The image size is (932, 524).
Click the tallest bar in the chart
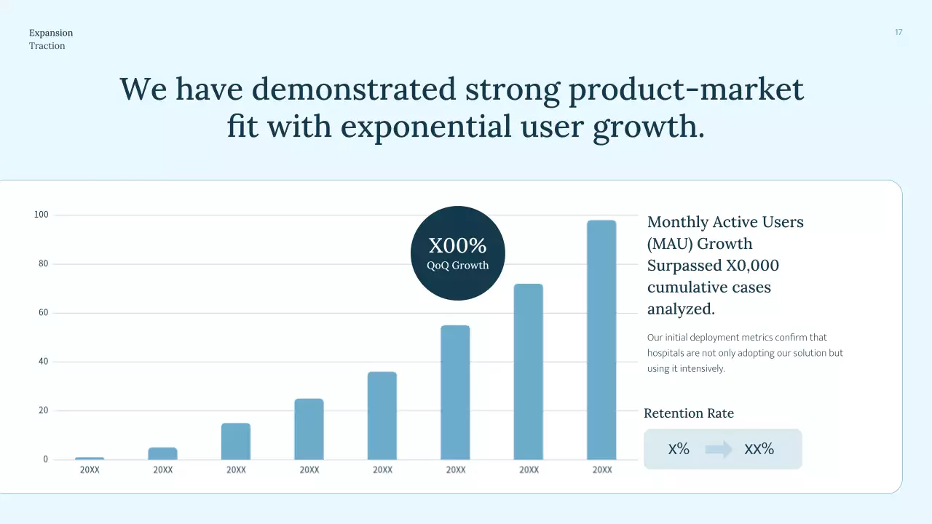[601, 339]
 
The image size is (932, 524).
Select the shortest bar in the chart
[90, 458]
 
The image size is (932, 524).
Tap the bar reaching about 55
[455, 392]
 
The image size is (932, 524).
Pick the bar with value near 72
[529, 371]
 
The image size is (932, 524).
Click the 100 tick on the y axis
[41, 215]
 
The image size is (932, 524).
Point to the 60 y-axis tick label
[43, 313]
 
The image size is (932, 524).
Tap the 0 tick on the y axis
[45, 459]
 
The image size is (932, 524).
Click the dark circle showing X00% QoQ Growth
[457, 253]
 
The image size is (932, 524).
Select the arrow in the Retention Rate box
[719, 449]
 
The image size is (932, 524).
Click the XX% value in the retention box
[759, 449]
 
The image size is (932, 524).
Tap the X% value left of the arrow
[679, 449]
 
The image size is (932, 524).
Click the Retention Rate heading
[689, 413]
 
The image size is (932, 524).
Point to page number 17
[899, 32]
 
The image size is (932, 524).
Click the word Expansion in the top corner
[51, 33]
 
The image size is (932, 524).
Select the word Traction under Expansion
[47, 46]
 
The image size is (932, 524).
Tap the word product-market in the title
[686, 89]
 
